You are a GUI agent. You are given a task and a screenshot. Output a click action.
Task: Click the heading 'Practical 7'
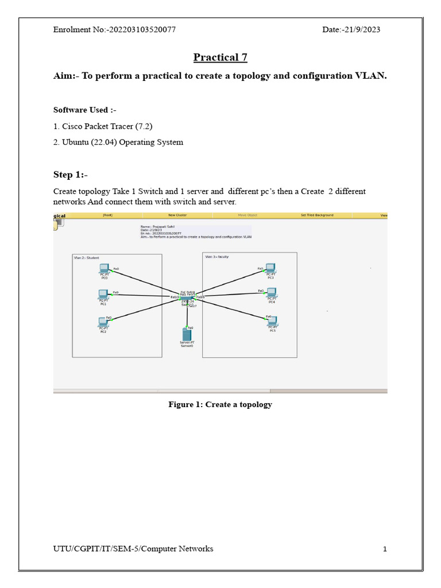(220, 57)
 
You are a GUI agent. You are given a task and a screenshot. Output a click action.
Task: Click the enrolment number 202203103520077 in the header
(141, 30)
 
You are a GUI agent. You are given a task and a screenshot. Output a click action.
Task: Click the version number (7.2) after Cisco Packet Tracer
(144, 126)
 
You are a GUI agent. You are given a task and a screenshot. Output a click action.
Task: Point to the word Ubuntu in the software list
(76, 142)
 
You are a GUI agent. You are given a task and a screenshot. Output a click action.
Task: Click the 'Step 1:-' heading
(71, 175)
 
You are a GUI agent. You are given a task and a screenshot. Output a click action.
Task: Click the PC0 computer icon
(104, 268)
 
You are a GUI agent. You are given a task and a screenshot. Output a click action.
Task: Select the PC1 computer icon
(103, 294)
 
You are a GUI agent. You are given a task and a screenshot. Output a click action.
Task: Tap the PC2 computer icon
(103, 322)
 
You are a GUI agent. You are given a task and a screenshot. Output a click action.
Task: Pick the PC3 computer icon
(270, 268)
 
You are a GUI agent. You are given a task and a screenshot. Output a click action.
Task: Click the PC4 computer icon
(272, 292)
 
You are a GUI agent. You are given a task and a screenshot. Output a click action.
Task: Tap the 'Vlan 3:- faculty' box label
(217, 257)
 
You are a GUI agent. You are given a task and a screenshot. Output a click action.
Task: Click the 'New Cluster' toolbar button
(177, 215)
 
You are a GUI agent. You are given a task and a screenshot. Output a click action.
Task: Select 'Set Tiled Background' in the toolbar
(317, 215)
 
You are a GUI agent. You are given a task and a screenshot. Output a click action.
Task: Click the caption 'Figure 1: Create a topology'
(220, 404)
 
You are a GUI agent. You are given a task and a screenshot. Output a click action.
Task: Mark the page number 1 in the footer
(385, 549)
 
